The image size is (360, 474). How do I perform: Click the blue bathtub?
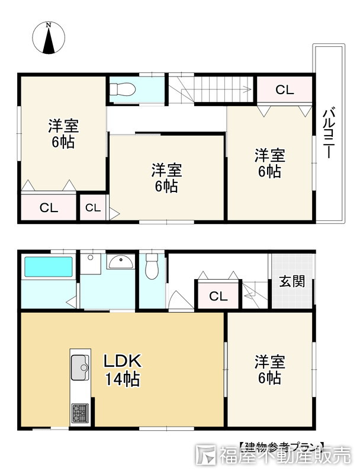(47, 267)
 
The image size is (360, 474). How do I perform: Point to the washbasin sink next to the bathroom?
(122, 262)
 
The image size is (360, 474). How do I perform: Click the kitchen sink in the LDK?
(80, 367)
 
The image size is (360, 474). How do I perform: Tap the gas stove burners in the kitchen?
(80, 411)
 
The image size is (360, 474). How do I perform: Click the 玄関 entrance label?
(292, 281)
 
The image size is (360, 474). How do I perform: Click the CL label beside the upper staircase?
(284, 90)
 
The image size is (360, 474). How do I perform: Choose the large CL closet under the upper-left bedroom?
(49, 207)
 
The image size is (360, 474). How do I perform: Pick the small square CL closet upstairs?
(92, 208)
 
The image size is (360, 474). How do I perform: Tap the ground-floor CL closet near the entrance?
(217, 296)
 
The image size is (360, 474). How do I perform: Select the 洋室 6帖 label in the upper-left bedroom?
(63, 134)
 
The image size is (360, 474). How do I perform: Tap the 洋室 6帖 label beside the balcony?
(270, 164)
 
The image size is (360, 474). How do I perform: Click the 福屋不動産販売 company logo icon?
(207, 457)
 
